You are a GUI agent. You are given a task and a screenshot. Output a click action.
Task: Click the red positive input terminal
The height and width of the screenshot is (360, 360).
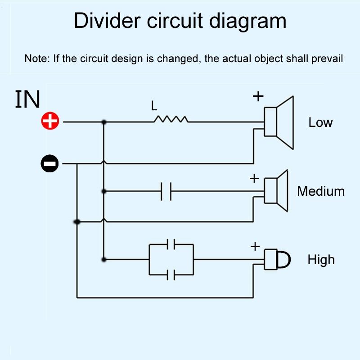tap(50, 121)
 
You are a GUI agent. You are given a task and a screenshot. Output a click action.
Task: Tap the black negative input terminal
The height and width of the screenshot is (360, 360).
tap(50, 163)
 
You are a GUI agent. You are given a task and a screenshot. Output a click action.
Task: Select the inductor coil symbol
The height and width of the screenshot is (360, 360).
tap(171, 119)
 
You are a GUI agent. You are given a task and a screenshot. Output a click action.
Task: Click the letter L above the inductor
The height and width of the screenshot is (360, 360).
tap(154, 106)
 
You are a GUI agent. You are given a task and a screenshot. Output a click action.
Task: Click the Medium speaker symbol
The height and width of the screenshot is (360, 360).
tap(275, 190)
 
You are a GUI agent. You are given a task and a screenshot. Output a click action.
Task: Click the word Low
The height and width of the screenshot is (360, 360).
tap(320, 122)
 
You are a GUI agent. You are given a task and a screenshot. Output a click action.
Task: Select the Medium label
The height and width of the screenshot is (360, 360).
tap(320, 191)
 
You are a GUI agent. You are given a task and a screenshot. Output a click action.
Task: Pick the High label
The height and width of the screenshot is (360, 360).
tap(321, 260)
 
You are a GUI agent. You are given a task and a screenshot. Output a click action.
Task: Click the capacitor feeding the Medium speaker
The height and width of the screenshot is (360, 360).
tap(166, 191)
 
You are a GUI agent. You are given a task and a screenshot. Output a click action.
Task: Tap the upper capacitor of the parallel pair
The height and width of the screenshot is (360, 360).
tap(171, 245)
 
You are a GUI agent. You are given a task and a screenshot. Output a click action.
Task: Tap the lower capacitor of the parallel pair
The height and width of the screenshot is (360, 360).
tap(171, 274)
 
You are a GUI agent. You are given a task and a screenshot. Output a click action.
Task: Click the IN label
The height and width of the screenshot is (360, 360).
tap(27, 100)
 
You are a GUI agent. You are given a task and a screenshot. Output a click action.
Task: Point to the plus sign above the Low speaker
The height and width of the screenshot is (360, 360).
tap(258, 96)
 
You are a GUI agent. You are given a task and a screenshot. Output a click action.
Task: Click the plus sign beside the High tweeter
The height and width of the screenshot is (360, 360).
tap(255, 246)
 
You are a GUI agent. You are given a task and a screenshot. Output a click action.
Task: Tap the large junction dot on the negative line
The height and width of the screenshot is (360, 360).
tap(77, 222)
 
